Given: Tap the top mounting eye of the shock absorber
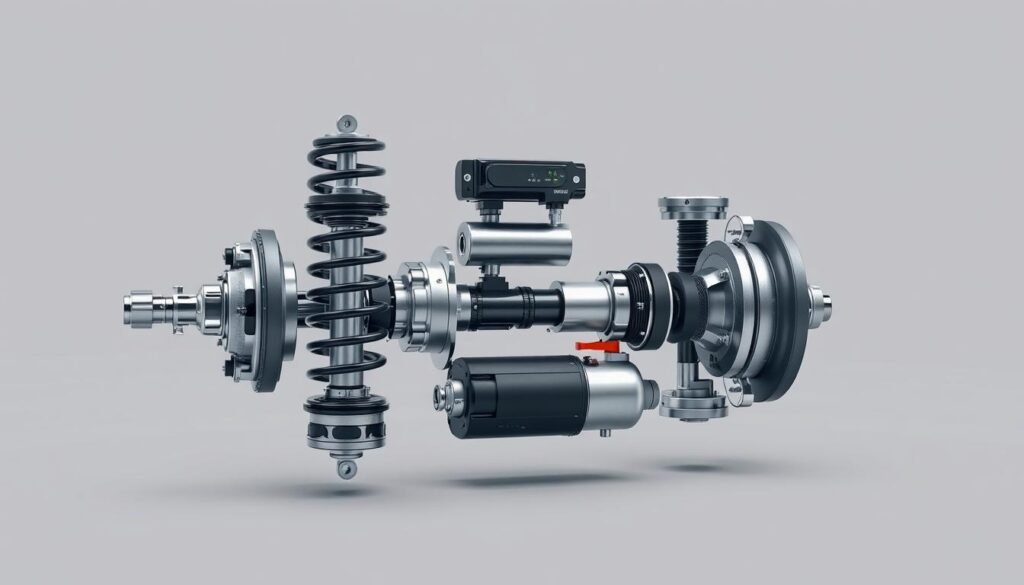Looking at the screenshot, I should (x=346, y=124).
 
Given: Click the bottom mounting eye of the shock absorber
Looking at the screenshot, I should (x=346, y=468).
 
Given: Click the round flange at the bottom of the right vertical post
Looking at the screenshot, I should (x=692, y=404).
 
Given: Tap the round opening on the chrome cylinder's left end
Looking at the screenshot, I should (x=465, y=241).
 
